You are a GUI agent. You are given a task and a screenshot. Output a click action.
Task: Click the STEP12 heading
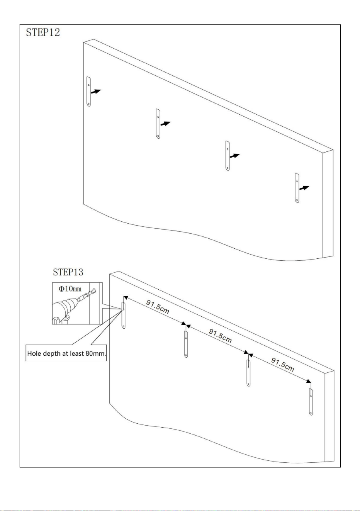tap(43, 32)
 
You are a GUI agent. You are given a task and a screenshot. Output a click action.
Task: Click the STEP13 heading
tap(68, 272)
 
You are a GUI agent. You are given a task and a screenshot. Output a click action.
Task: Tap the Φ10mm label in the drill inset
tap(70, 289)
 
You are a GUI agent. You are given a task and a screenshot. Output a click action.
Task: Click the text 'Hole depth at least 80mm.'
tap(66, 354)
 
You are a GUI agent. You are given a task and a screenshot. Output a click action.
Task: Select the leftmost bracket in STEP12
tap(88, 92)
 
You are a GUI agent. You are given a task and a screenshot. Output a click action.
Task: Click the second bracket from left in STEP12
tap(158, 124)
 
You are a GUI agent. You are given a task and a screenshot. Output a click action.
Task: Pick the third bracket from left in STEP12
tap(227, 156)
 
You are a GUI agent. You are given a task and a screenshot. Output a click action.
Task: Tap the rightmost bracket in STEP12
tap(297, 188)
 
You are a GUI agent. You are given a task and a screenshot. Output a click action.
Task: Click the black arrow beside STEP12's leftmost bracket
tap(96, 92)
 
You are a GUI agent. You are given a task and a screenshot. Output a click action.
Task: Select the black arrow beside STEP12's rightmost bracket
tap(304, 188)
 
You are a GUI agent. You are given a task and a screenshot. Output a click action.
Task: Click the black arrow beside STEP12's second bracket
tap(165, 124)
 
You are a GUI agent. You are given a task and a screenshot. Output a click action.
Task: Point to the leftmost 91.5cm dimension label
tap(158, 307)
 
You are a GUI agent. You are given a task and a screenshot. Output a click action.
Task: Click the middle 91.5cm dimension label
tap(220, 336)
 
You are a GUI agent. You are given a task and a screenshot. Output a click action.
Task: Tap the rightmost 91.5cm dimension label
tap(282, 364)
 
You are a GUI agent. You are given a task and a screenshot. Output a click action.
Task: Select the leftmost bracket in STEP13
tap(124, 315)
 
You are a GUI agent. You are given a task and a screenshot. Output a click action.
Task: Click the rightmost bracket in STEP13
tap(311, 402)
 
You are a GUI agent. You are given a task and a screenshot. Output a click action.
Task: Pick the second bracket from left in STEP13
tap(186, 344)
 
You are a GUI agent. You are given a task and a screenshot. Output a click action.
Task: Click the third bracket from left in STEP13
tap(248, 373)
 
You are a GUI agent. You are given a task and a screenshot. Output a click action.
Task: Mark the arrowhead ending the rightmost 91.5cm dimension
tap(309, 381)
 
